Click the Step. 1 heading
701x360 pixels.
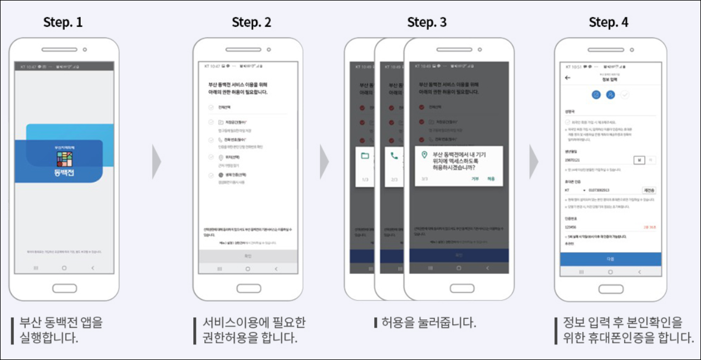(63, 23)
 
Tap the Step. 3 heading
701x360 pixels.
(427, 23)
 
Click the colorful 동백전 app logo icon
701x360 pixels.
(64, 160)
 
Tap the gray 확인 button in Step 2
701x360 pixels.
(248, 256)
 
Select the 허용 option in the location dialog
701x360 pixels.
(491, 179)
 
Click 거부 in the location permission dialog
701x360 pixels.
(475, 179)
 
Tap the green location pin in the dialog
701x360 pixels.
(425, 154)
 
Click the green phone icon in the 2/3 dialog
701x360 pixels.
(394, 156)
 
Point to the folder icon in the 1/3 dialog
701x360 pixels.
(365, 156)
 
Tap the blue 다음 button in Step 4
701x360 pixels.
(610, 259)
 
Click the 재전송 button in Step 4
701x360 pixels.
(649, 190)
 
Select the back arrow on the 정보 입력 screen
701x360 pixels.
(567, 78)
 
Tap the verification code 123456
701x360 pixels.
(571, 227)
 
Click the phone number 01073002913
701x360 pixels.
(599, 190)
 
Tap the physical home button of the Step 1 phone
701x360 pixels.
(64, 288)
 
